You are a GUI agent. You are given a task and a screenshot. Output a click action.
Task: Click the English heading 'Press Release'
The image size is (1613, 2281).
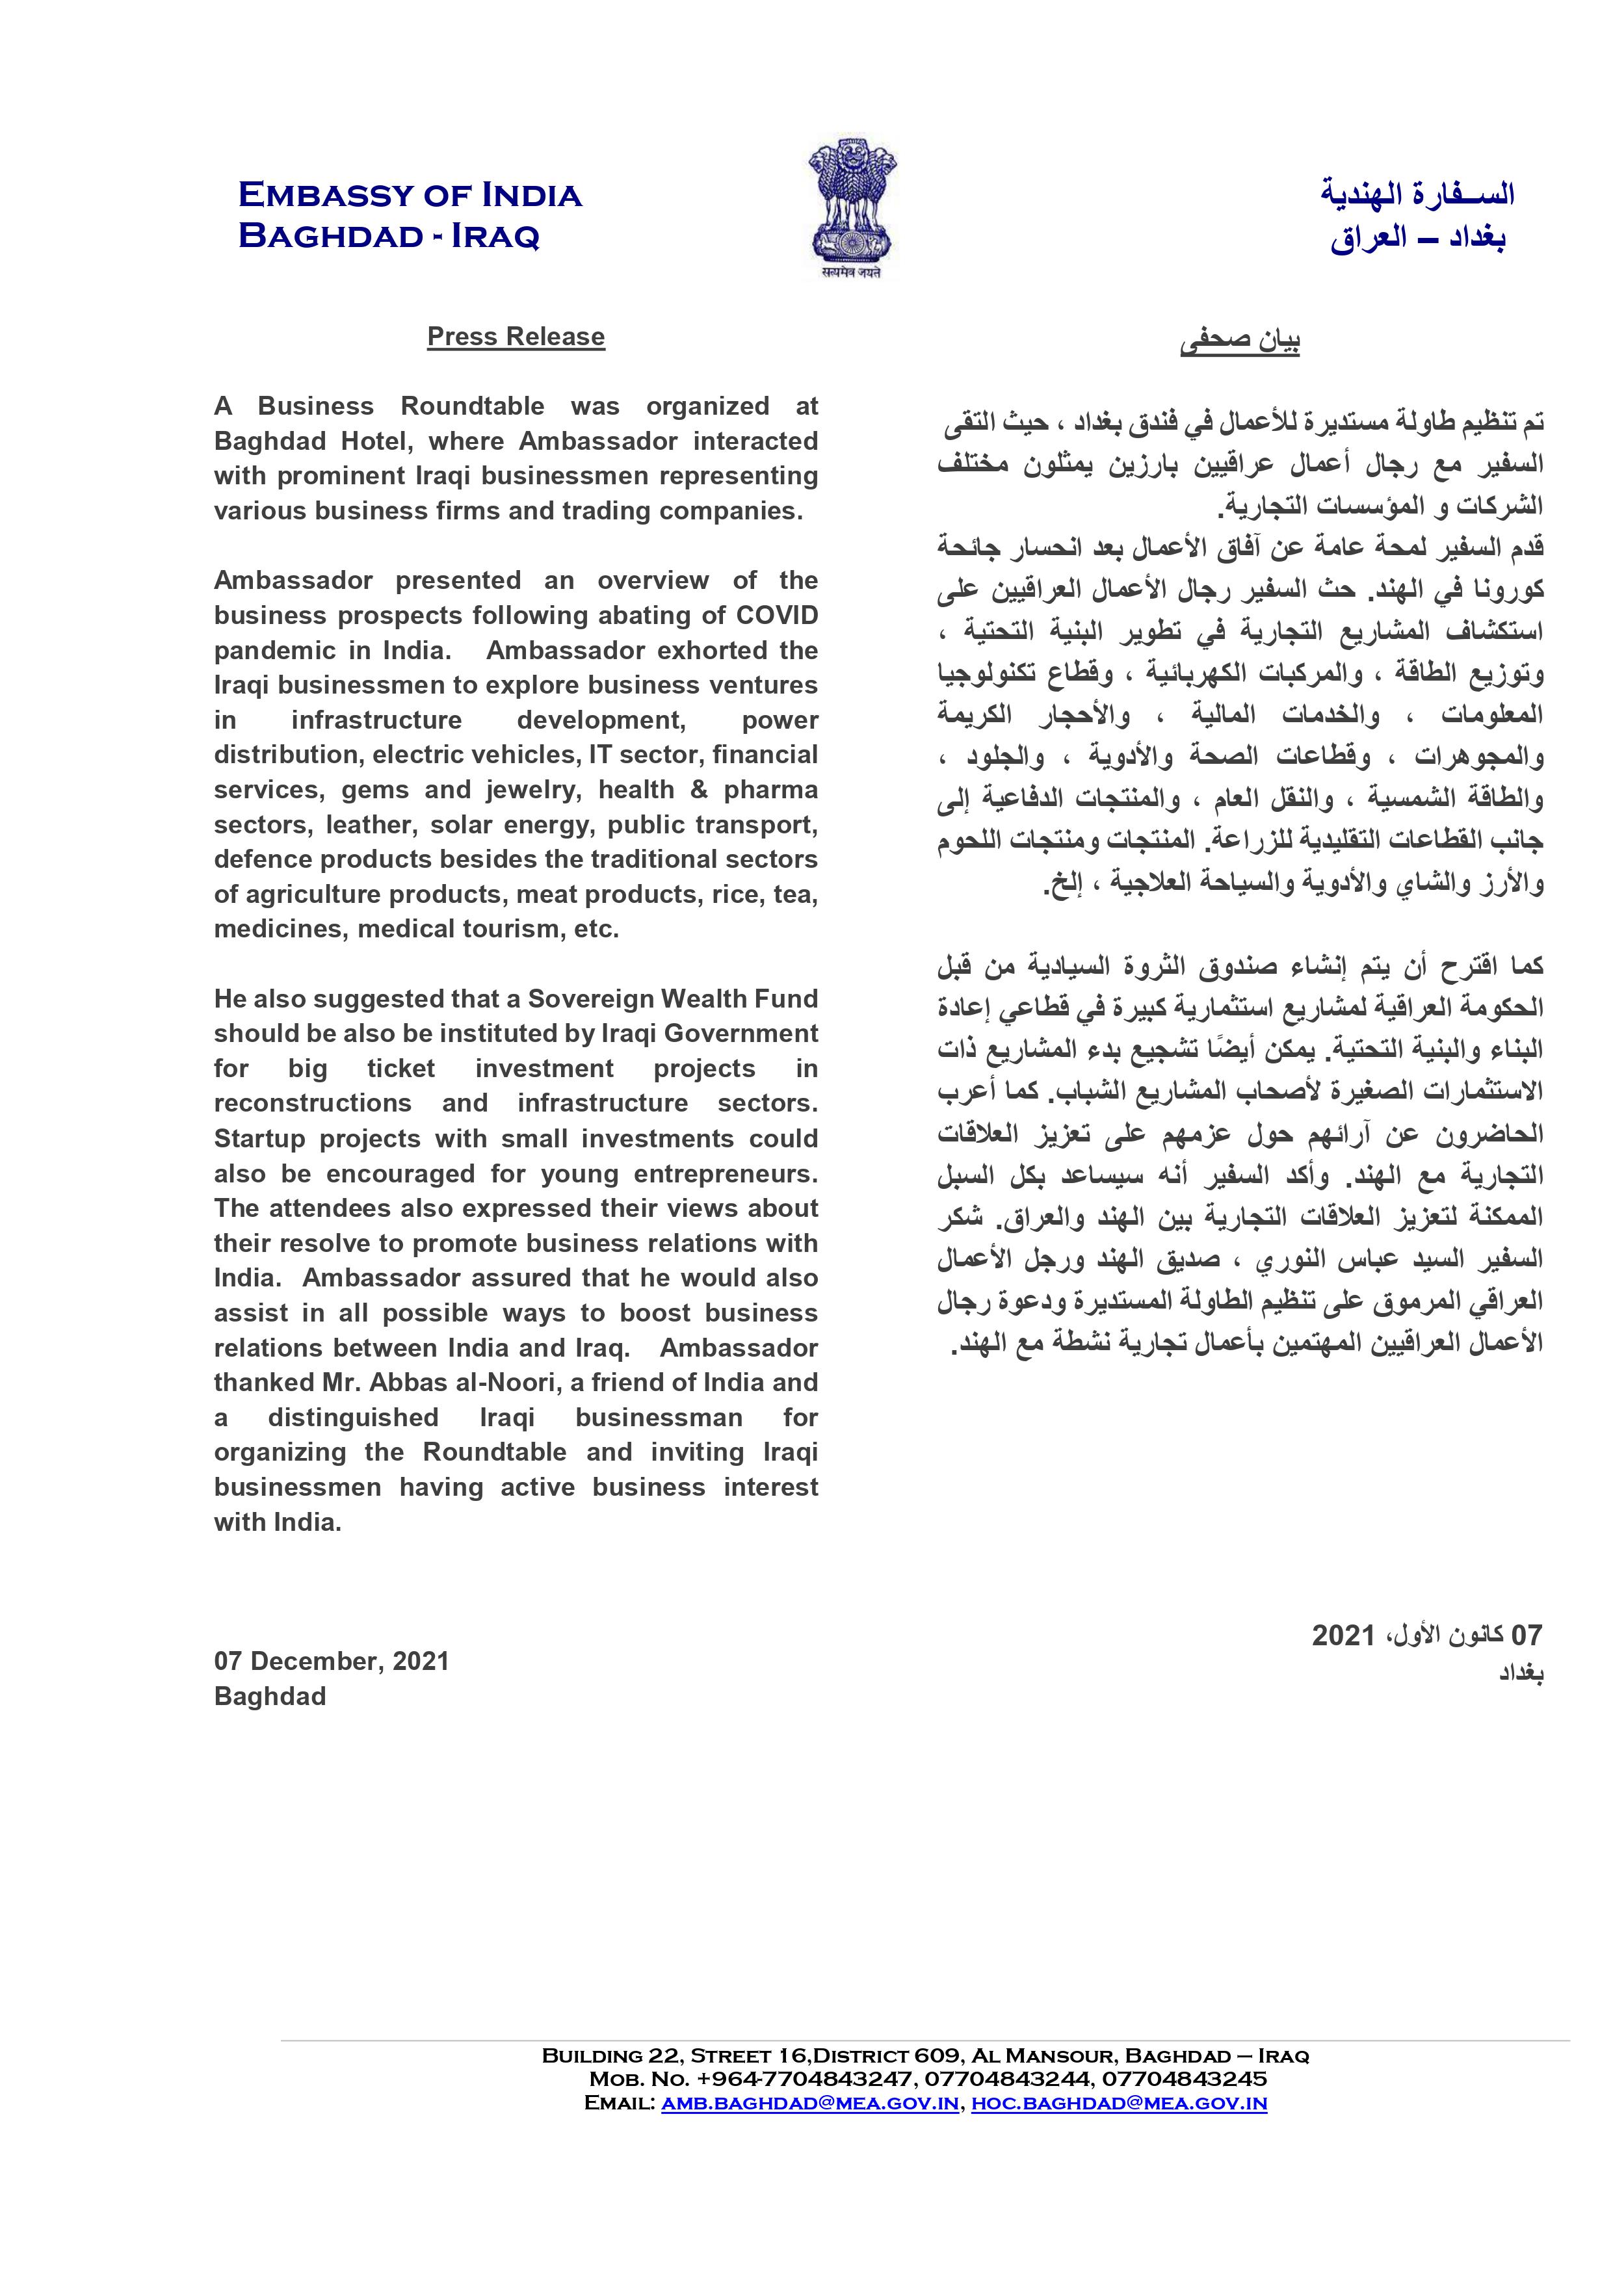point(516,337)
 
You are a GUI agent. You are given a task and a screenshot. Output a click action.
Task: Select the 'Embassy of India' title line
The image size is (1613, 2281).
point(410,195)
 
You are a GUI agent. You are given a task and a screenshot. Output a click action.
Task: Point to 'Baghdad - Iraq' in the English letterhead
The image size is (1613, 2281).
point(389,237)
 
